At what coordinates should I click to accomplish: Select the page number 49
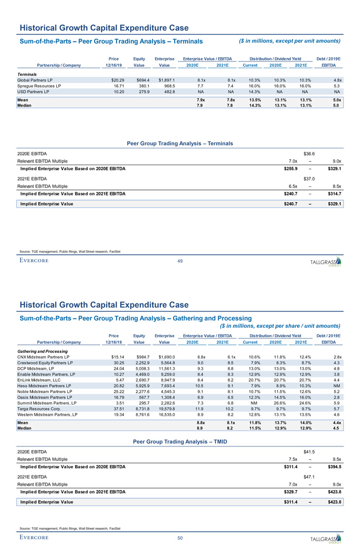click(180, 260)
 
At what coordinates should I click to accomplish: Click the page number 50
click(180, 538)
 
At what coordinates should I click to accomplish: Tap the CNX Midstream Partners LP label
click(44, 357)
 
